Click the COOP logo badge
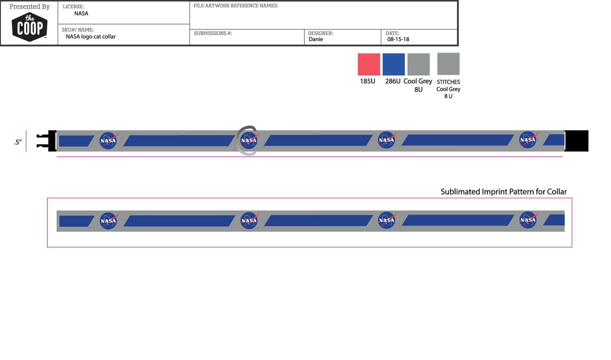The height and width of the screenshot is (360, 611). click(30, 27)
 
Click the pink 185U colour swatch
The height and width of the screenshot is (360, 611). click(369, 64)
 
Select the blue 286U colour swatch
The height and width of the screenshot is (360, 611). click(394, 64)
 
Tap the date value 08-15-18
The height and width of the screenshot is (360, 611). click(398, 39)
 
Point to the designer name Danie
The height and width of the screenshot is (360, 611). click(316, 39)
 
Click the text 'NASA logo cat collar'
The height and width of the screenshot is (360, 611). click(91, 37)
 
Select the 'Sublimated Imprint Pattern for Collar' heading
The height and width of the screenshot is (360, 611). click(503, 192)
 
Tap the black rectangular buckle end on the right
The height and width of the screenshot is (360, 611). click(576, 141)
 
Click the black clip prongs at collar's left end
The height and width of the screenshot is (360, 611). click(46, 141)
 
